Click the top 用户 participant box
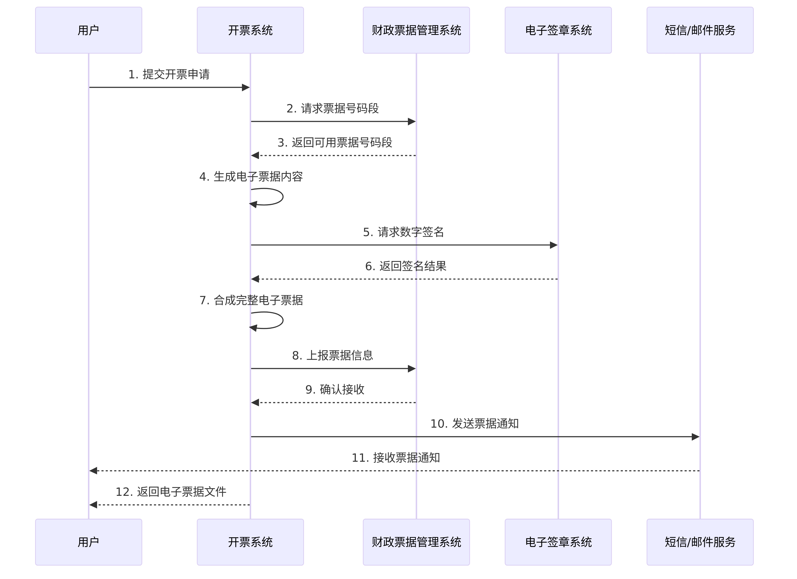(88, 30)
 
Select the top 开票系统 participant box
(250, 30)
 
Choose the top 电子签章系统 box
(558, 30)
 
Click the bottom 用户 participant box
(88, 542)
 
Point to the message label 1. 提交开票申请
(169, 75)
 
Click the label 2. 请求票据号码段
(332, 109)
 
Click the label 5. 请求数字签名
(403, 232)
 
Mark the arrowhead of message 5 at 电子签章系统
(554, 245)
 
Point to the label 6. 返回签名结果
(406, 266)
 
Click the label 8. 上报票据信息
(332, 356)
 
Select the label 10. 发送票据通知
(474, 424)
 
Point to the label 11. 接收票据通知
(396, 458)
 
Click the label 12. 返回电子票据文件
(171, 492)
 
